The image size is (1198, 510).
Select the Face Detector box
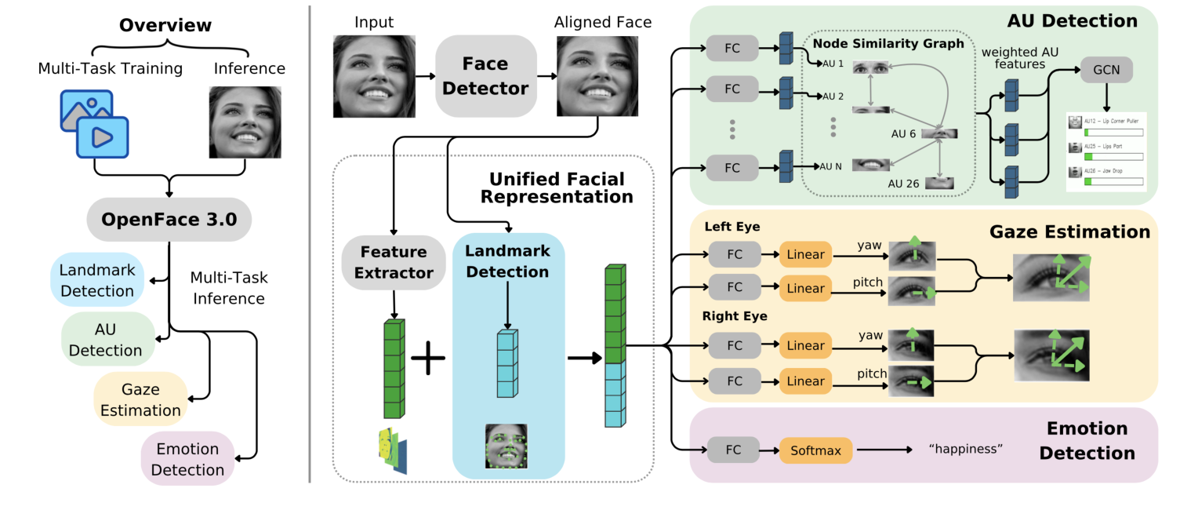coord(486,76)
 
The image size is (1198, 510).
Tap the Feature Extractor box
coord(394,262)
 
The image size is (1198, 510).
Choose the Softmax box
coord(815,450)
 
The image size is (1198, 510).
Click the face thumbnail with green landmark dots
coord(506,446)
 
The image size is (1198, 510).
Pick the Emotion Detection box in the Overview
coord(187,459)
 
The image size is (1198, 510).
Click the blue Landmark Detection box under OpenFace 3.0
coord(97,280)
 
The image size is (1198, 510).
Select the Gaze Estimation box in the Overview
coord(140,399)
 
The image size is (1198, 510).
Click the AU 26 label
coord(903,183)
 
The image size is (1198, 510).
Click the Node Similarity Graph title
coord(888,44)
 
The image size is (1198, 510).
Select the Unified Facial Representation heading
coord(557,188)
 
